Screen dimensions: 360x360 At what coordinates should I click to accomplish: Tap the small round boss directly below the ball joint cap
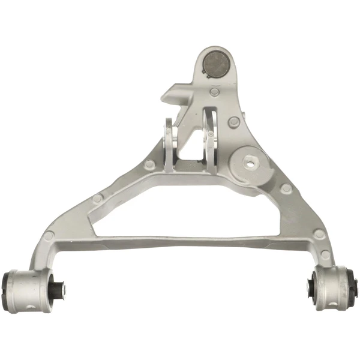[x=215, y=93]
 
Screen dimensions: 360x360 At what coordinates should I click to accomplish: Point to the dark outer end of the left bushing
[x=8, y=290]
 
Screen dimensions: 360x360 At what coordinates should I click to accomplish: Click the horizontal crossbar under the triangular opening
[x=180, y=241]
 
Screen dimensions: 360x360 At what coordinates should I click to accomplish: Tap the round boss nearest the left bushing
[x=48, y=236]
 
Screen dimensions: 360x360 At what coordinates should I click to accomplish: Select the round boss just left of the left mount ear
[x=149, y=164]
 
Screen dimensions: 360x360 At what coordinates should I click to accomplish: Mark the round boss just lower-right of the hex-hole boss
[x=286, y=188]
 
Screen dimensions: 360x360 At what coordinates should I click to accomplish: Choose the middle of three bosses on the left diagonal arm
[x=97, y=199]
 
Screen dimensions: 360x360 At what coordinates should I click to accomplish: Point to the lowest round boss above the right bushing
[x=325, y=254]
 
